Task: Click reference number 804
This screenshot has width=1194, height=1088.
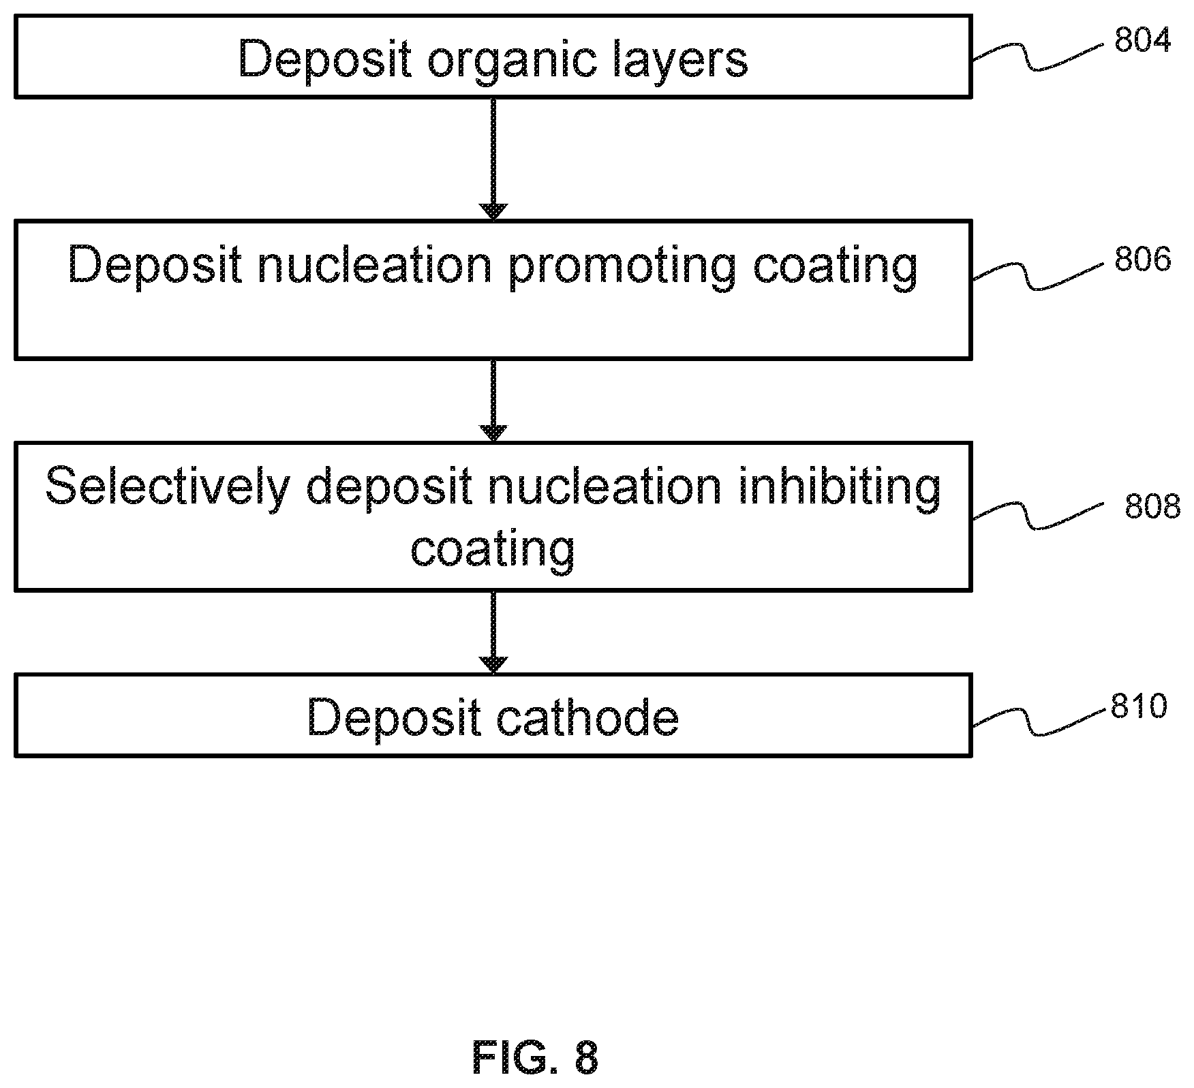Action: click(x=1142, y=40)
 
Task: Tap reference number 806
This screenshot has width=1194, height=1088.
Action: click(x=1142, y=259)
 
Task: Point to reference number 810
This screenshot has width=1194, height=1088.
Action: click(x=1139, y=706)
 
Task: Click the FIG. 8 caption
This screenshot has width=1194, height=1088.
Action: click(x=535, y=1058)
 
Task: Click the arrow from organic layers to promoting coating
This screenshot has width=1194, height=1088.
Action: click(x=493, y=159)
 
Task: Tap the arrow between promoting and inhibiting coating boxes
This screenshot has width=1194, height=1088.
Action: click(x=493, y=401)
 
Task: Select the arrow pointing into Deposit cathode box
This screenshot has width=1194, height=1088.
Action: click(x=493, y=632)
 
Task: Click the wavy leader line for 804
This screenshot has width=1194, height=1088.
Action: click(x=1037, y=57)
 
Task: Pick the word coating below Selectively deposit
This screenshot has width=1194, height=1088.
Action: click(x=493, y=548)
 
